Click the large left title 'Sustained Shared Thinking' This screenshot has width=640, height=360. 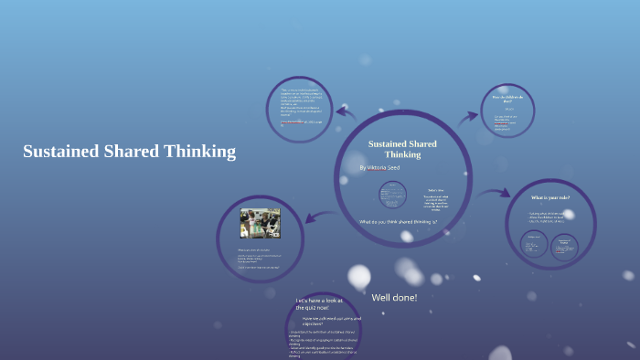pos(129,152)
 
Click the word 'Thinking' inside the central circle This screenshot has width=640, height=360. pos(402,154)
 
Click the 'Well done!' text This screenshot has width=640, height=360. pos(394,297)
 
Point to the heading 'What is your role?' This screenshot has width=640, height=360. pos(552,197)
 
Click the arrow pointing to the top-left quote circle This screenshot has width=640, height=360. pos(347,112)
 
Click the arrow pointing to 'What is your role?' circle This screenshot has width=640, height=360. pos(494,193)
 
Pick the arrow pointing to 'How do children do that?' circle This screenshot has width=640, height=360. pos(468,116)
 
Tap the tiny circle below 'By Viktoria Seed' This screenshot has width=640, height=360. pos(392,194)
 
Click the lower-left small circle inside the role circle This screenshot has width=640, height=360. pos(533,244)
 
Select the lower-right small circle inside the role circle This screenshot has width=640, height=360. pos(564,244)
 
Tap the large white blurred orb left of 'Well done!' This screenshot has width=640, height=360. pos(358,276)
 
